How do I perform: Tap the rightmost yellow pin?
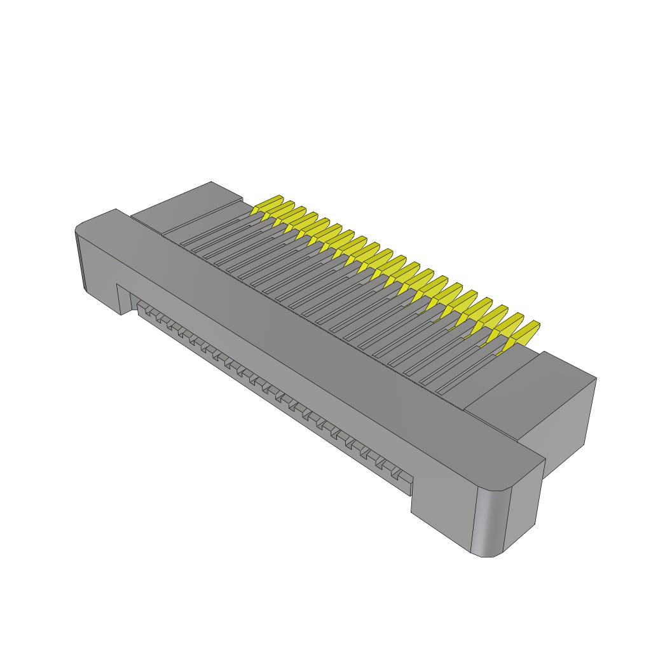point(523,333)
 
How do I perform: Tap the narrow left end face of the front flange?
point(81,261)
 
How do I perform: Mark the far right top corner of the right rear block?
point(596,379)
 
